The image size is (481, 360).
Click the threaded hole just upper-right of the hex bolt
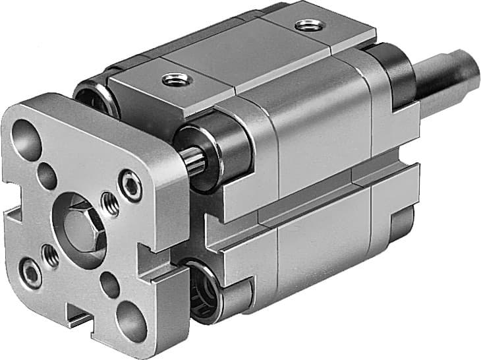click(x=111, y=203)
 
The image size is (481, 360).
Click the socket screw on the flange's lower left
click(x=30, y=272)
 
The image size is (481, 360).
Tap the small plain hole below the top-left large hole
click(x=47, y=177)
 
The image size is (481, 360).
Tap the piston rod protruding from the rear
click(x=455, y=72)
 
